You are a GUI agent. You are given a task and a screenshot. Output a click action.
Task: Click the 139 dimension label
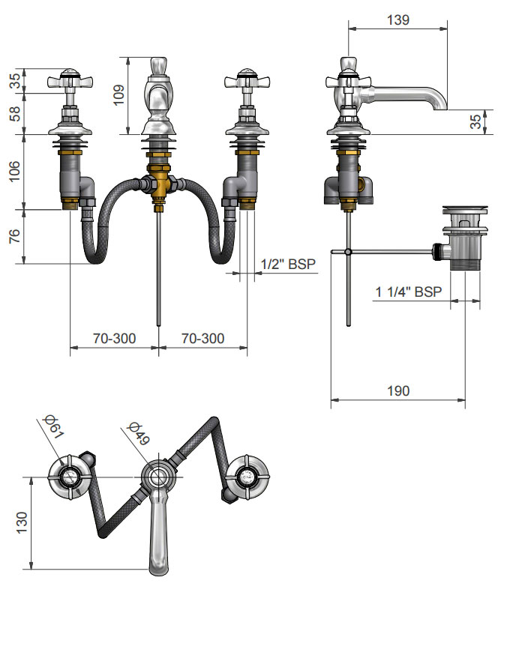click(397, 20)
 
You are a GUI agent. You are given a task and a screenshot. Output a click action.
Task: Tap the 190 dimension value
click(398, 391)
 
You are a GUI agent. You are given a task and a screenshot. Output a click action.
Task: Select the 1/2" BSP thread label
click(288, 264)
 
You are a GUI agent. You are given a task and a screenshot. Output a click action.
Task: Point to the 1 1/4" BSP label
click(408, 292)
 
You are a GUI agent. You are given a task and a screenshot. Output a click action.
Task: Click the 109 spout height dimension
click(118, 95)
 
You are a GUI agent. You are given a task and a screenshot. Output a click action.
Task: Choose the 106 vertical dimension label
click(14, 171)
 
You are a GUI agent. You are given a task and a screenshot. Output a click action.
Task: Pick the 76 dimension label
click(14, 236)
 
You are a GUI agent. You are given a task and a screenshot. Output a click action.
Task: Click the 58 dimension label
click(14, 114)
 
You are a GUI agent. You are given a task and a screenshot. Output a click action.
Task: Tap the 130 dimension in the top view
click(22, 522)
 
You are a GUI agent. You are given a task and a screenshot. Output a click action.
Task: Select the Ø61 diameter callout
click(54, 426)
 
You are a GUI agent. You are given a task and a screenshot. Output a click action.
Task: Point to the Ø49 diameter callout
click(139, 433)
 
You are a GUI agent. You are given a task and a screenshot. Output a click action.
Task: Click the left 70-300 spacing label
click(114, 339)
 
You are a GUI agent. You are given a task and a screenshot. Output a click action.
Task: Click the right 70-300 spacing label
click(202, 339)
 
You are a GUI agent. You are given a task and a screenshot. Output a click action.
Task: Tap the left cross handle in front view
click(70, 80)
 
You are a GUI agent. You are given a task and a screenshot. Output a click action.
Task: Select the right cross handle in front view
click(247, 80)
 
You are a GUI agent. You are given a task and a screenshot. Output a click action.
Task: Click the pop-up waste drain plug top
click(465, 209)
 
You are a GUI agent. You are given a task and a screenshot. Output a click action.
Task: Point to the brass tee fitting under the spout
click(159, 184)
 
